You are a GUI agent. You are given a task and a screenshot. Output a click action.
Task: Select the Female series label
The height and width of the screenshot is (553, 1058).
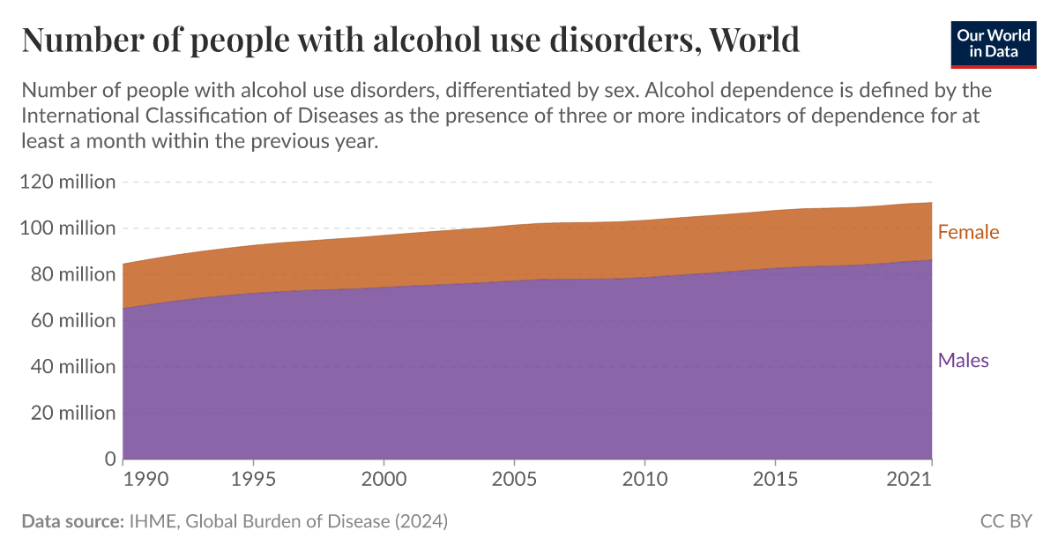[x=968, y=233]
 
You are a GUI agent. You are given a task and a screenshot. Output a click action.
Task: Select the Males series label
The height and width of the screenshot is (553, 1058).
[x=963, y=360]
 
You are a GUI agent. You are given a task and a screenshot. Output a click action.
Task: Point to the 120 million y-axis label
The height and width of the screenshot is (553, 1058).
[x=68, y=183]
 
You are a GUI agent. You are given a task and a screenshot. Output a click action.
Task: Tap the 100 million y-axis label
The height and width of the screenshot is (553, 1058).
[x=68, y=228]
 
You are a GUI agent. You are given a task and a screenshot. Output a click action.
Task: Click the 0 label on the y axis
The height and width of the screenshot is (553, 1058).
[x=109, y=459]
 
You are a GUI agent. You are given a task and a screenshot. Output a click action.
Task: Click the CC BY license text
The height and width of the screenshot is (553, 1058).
[x=1006, y=521]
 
